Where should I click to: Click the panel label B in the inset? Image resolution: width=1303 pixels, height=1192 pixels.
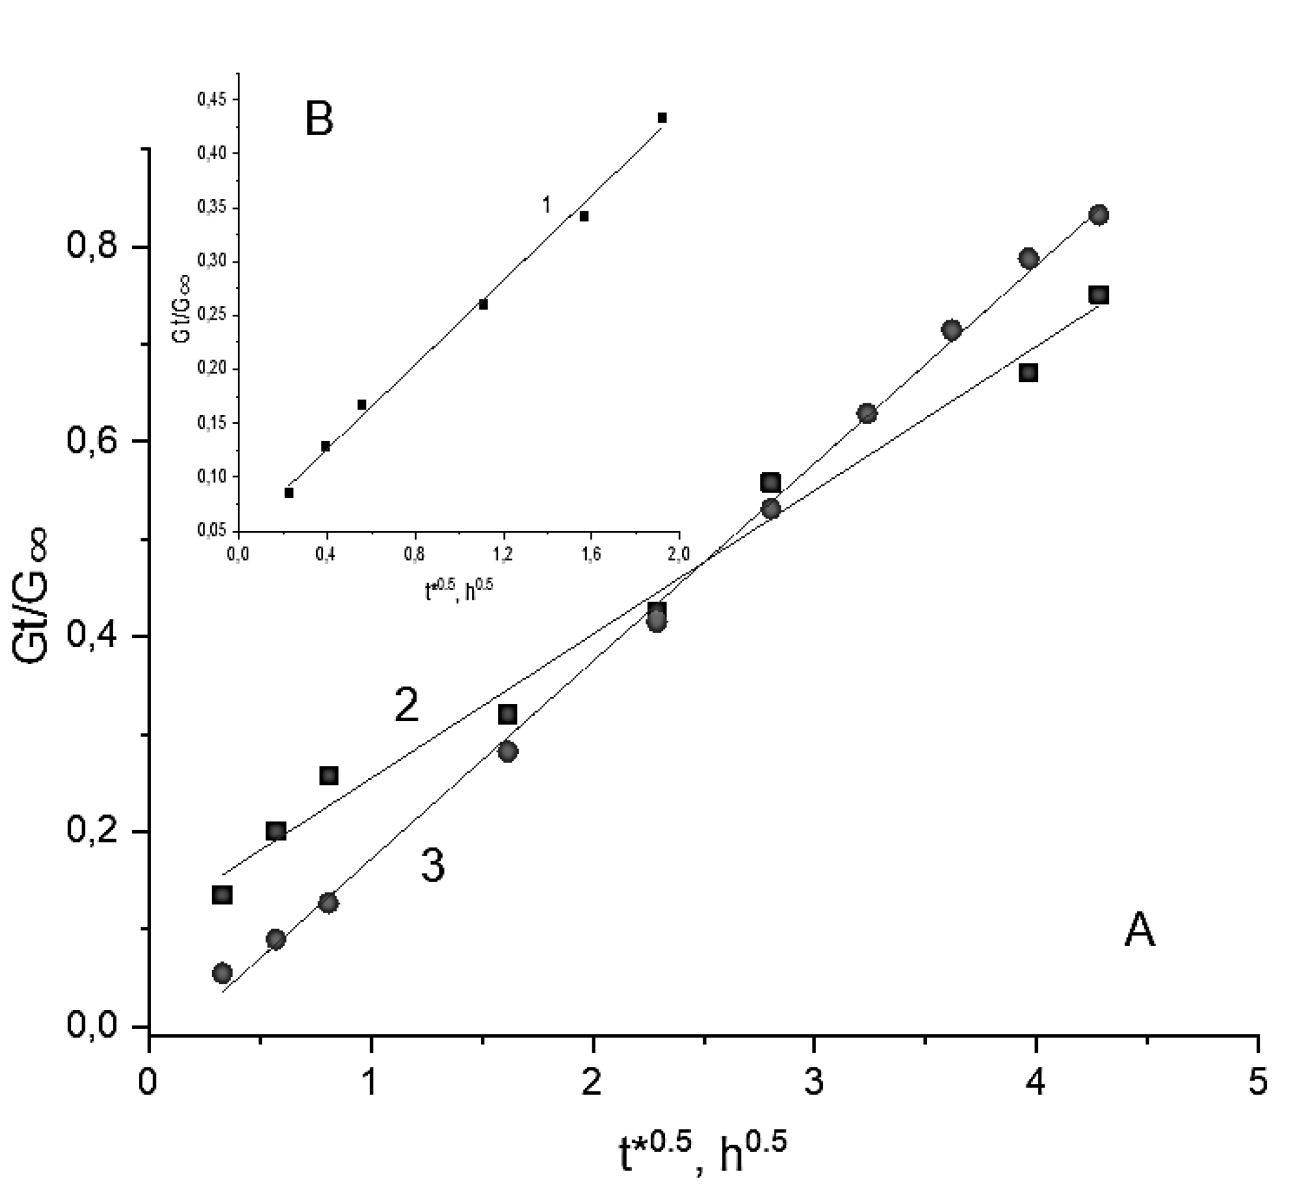tap(318, 120)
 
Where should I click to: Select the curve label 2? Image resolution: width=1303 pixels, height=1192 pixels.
tap(406, 705)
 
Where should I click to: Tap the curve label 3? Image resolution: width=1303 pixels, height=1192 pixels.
tap(433, 866)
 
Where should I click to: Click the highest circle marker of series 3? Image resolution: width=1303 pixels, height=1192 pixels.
tap(1098, 214)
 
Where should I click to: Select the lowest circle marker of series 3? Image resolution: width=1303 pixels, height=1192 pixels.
tap(222, 973)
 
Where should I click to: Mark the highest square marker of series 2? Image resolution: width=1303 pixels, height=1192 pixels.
tap(1098, 295)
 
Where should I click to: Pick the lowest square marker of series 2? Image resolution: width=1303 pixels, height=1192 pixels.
tap(222, 895)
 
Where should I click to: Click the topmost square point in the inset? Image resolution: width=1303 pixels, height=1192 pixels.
tap(662, 118)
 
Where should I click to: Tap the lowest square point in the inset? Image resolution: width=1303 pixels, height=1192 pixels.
tap(289, 493)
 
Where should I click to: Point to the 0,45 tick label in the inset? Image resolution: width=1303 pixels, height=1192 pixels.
tap(213, 100)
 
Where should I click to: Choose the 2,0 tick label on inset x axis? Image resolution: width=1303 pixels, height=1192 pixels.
tap(678, 554)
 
